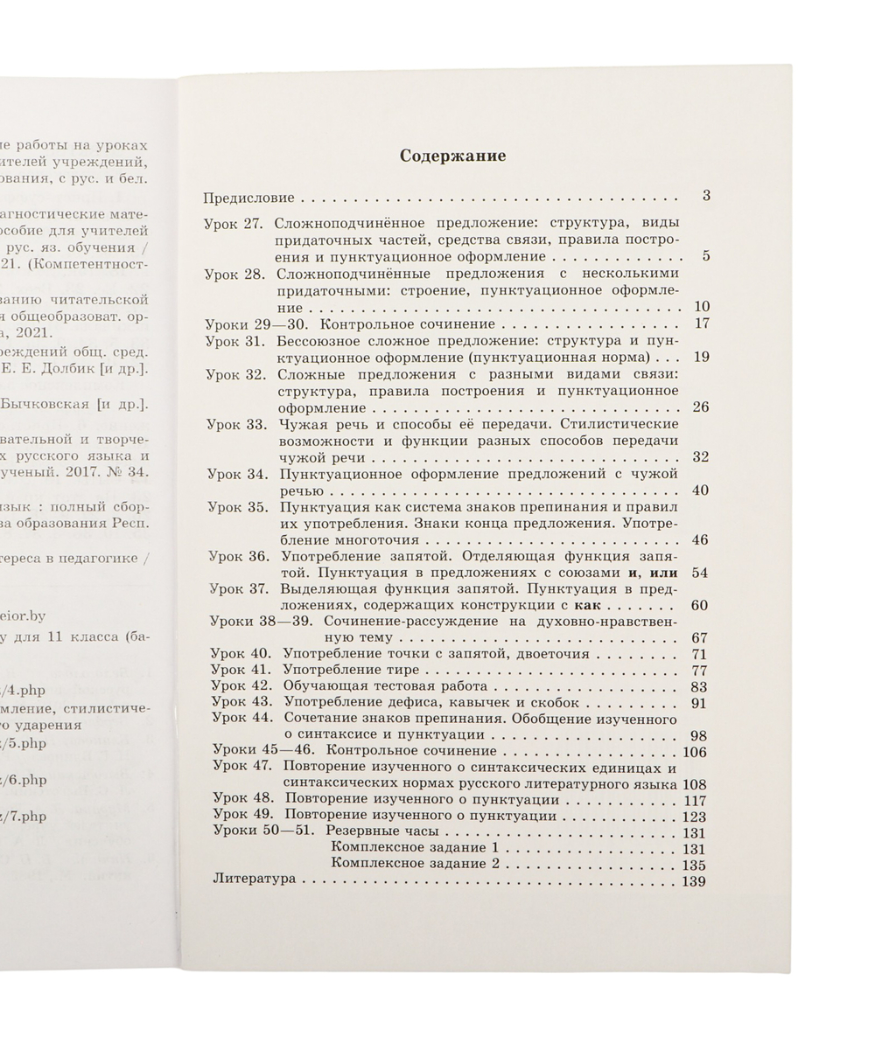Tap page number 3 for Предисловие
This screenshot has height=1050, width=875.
(705, 195)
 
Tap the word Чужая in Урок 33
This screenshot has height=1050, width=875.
(298, 424)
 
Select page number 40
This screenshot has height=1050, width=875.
(700, 490)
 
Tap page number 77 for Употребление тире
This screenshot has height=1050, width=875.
(699, 671)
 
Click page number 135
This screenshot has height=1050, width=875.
(694, 865)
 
